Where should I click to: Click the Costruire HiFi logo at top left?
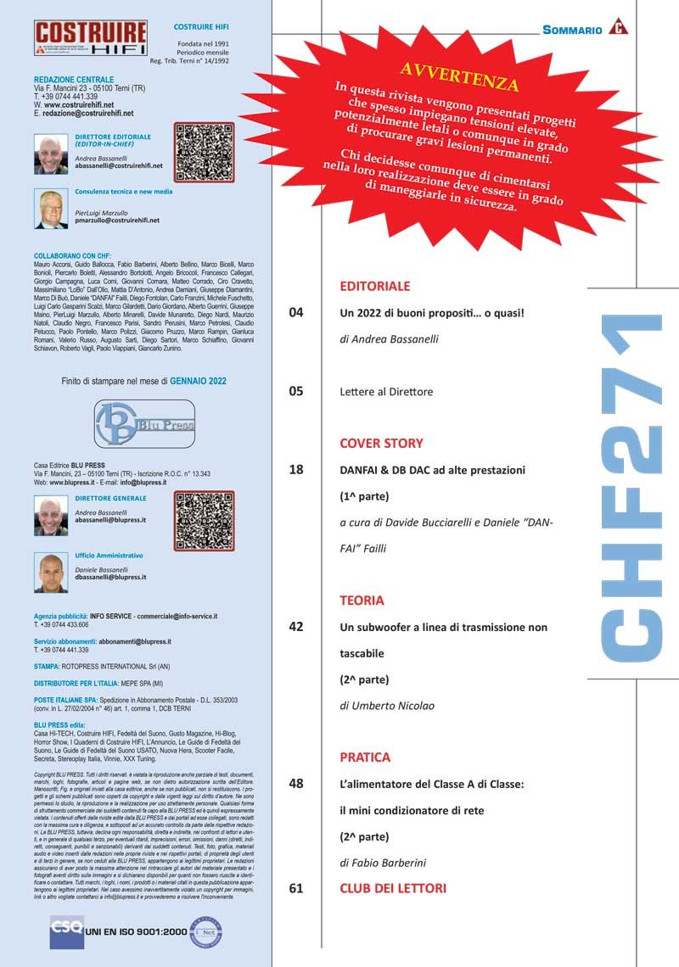91,38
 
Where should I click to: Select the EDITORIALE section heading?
374,287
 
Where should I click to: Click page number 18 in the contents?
296,469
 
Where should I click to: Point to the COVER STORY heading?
381,443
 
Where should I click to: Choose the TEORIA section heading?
362,601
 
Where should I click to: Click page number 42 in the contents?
296,627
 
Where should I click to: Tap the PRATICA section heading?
365,757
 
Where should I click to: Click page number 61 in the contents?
296,889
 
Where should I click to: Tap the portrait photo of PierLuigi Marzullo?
51,209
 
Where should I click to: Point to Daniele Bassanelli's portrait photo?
51,573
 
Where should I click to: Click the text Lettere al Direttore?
386,392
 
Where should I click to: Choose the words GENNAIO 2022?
198,381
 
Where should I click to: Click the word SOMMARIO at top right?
572,30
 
